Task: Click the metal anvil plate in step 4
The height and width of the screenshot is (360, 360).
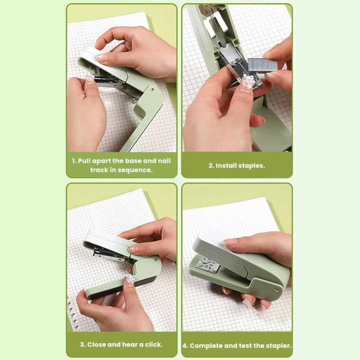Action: (207, 265)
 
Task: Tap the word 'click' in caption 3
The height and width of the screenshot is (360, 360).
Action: (154, 345)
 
